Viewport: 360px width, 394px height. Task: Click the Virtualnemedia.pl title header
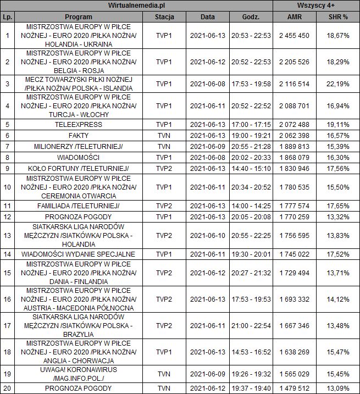pyautogui.click(x=137, y=5)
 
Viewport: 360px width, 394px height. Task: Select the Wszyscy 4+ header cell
pyautogui.click(x=316, y=5)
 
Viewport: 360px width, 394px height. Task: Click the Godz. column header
pyautogui.click(x=251, y=16)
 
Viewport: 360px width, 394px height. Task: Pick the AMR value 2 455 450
pyautogui.click(x=294, y=36)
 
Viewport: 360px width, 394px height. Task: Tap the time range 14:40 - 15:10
pyautogui.click(x=251, y=168)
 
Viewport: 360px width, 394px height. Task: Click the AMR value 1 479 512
pyautogui.click(x=294, y=389)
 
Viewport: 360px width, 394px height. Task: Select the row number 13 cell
pyautogui.click(x=7, y=235)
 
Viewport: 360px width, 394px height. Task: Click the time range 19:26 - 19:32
pyautogui.click(x=251, y=374)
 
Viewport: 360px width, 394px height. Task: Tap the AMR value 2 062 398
pyautogui.click(x=294, y=135)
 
